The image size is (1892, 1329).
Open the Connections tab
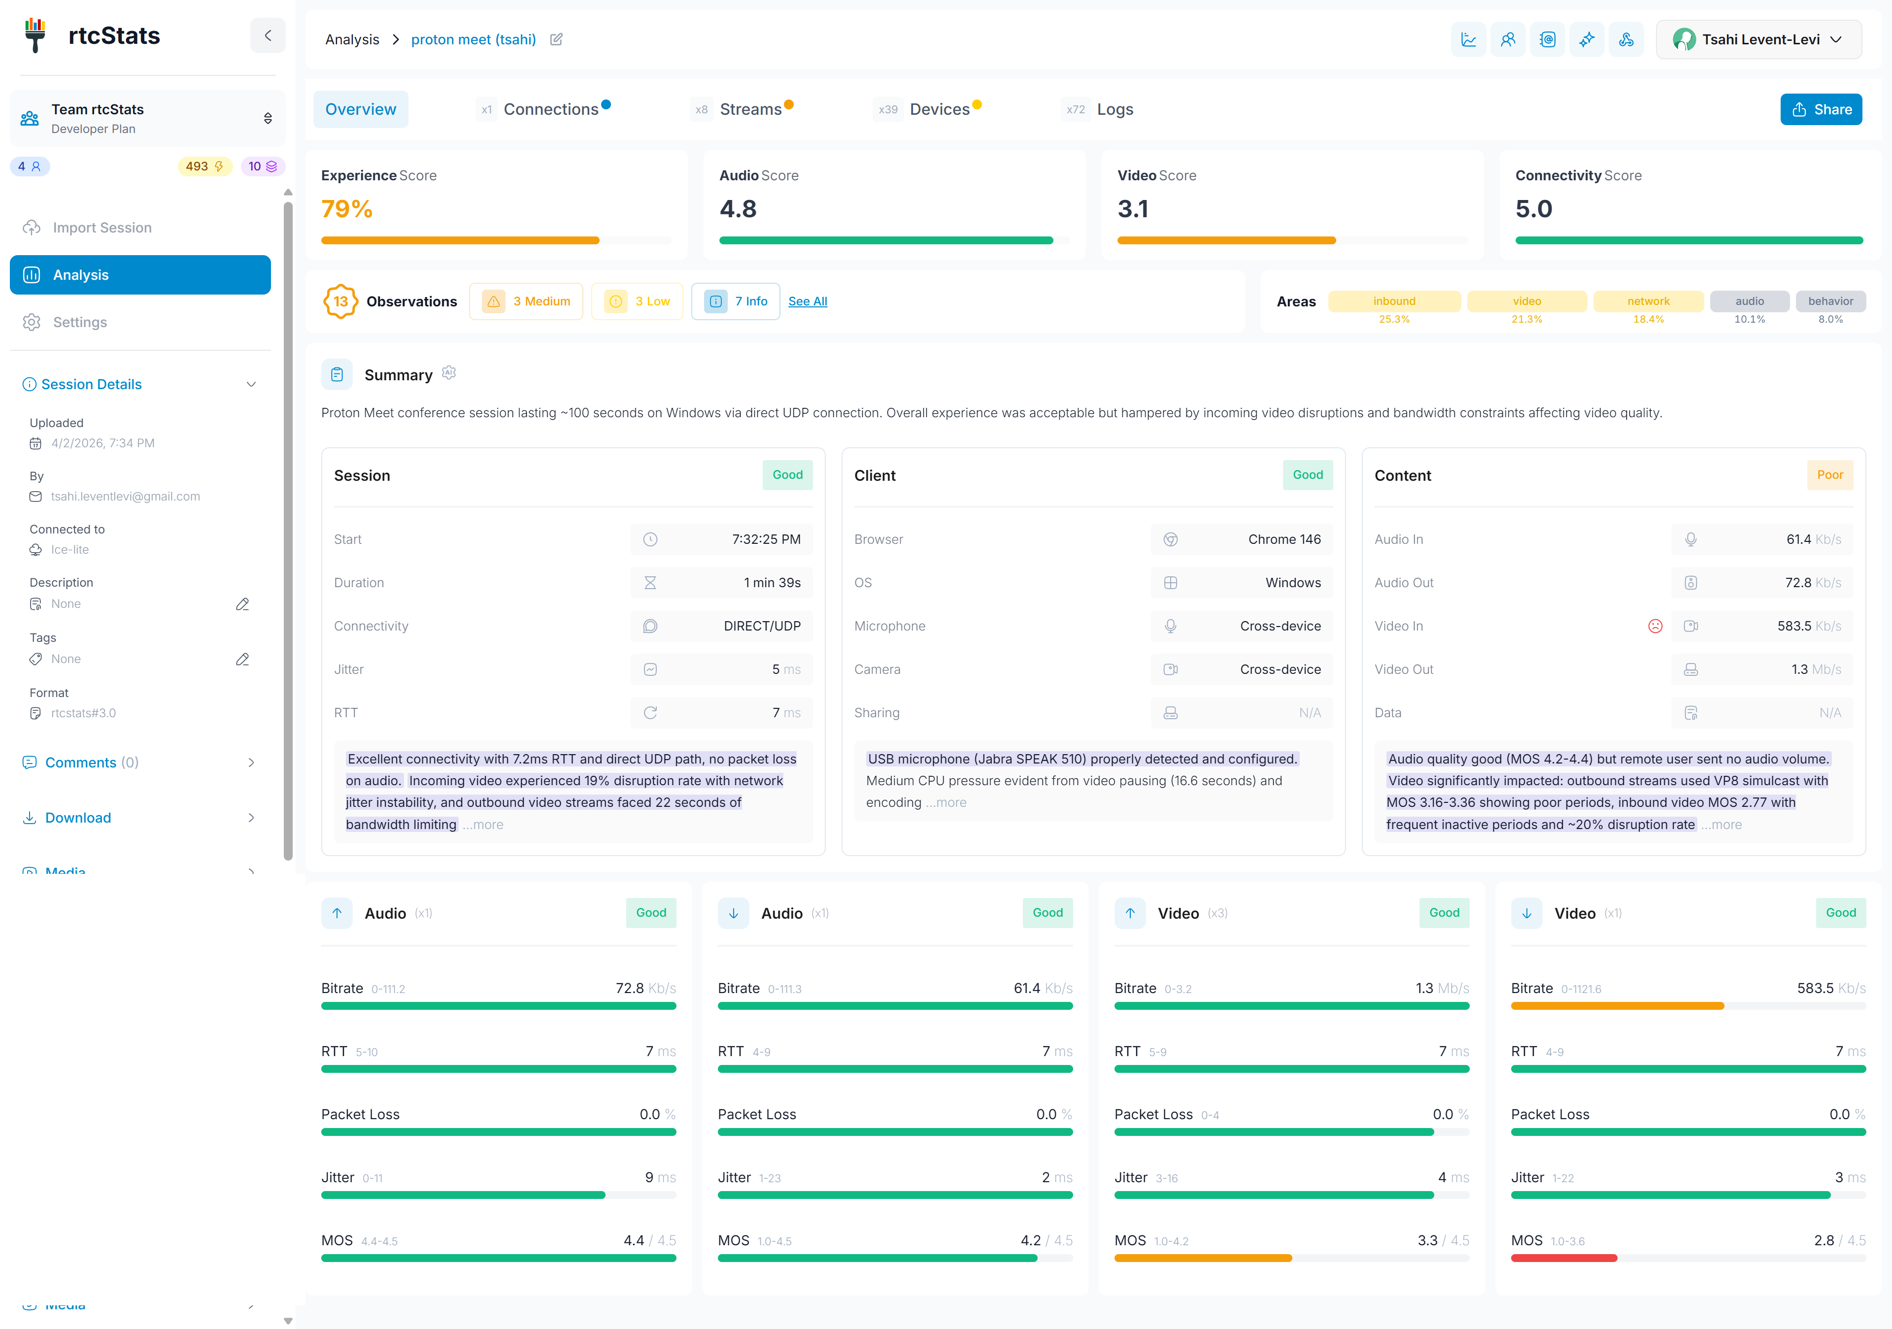pos(550,109)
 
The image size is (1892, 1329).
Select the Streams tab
pos(750,109)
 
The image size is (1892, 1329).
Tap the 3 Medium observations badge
pos(526,301)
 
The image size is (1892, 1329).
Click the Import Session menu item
pos(102,228)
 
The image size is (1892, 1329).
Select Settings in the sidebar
pos(80,322)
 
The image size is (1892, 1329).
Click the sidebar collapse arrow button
pos(268,35)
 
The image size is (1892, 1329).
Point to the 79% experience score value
pos(347,209)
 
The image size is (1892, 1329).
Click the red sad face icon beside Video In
pos(1655,626)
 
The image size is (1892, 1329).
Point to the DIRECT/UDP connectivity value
pos(761,626)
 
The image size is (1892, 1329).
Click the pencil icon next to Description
pos(242,604)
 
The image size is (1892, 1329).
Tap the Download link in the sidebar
pos(78,817)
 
